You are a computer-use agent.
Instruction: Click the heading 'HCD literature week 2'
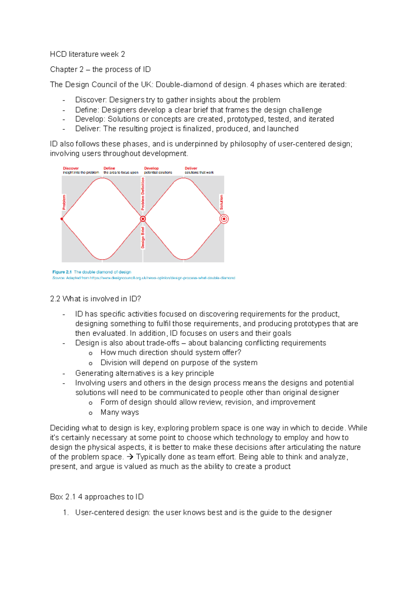[87, 54]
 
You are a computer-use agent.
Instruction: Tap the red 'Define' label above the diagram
[109, 168]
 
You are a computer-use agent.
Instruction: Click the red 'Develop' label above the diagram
[151, 168]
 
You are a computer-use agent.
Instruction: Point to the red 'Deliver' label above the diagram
[191, 168]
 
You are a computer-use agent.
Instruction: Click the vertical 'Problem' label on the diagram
[64, 202]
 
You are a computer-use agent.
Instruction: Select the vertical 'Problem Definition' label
[143, 194]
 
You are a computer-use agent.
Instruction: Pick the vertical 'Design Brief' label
[143, 238]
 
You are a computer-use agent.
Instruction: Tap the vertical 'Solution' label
[222, 202]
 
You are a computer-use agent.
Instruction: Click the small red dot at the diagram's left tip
[62, 219]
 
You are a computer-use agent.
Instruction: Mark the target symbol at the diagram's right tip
[224, 219]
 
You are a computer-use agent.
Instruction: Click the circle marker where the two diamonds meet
[143, 219]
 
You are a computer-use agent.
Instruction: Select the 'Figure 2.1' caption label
[62, 272]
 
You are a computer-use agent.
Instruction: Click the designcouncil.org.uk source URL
[162, 278]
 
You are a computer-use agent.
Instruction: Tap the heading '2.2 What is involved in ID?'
[95, 299]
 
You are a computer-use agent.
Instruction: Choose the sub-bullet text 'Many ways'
[119, 412]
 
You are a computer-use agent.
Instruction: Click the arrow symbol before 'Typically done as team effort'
[130, 457]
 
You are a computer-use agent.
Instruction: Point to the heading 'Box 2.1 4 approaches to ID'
[97, 497]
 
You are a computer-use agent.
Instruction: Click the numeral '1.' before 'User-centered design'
[65, 513]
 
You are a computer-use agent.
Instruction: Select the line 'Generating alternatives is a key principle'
[145, 373]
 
